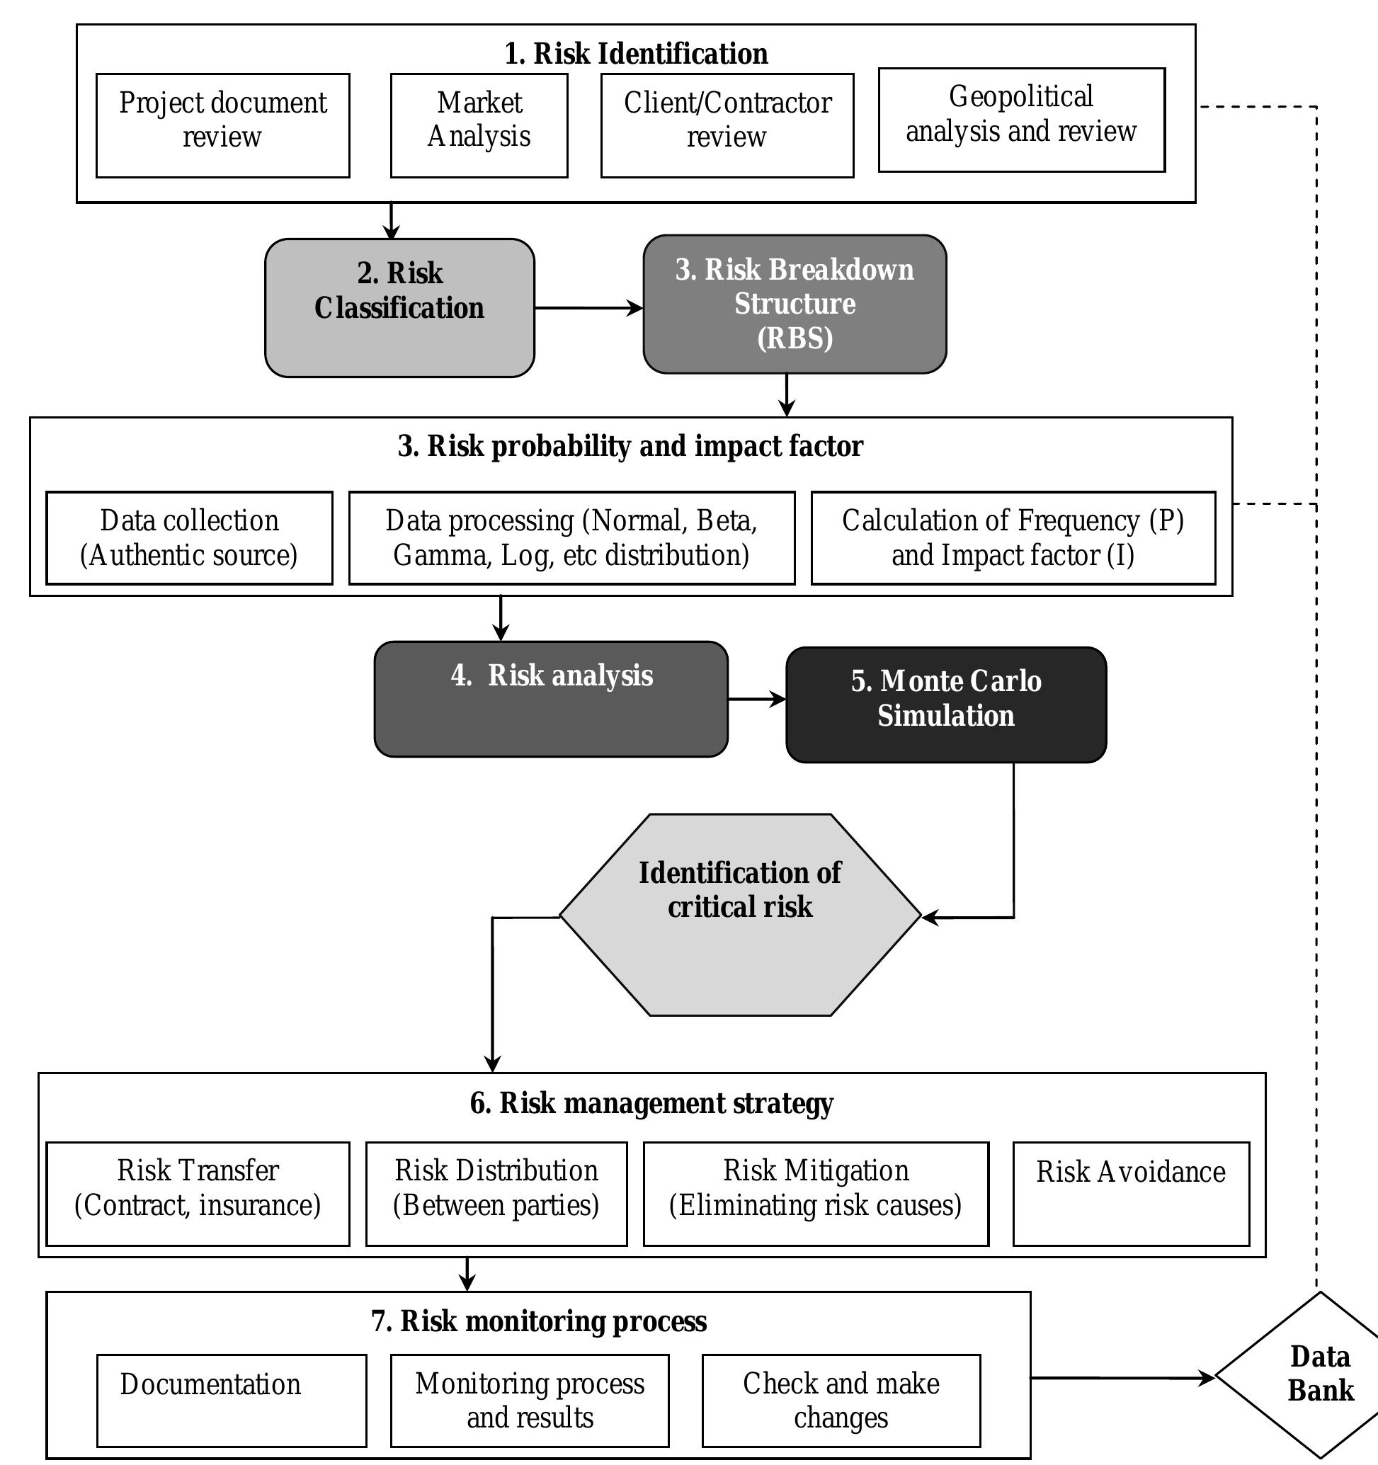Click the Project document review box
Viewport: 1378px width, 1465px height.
coord(222,125)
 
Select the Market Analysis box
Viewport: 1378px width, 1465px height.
coord(479,125)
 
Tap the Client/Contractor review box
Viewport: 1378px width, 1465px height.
coord(727,125)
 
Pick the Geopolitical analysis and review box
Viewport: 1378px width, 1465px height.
coord(1021,120)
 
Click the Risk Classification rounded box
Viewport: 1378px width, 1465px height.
coord(399,307)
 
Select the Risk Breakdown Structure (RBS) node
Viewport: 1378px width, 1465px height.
coord(795,304)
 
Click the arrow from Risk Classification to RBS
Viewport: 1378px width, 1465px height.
coord(588,308)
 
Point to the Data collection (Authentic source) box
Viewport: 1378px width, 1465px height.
coord(189,538)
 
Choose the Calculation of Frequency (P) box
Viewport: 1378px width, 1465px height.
coord(1013,538)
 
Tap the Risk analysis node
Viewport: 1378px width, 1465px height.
coord(551,699)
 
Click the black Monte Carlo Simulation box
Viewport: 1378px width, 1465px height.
coord(946,705)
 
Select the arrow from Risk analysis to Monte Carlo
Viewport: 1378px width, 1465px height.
coord(756,699)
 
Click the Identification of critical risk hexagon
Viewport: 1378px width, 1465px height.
coord(740,916)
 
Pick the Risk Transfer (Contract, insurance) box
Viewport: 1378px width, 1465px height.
coord(198,1194)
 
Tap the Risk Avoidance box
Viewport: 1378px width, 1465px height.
coord(1130,1194)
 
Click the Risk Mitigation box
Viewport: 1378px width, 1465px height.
coord(816,1194)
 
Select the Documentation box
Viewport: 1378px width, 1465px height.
coord(232,1400)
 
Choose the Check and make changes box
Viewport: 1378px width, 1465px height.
coord(841,1400)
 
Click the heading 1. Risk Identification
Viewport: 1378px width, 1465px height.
coord(636,54)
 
